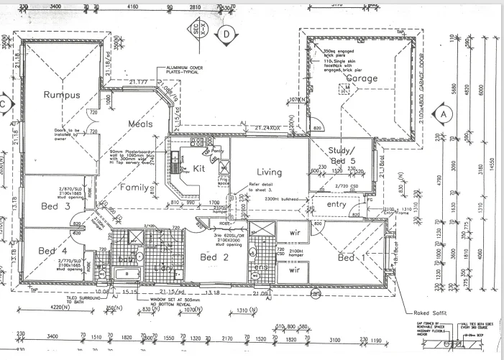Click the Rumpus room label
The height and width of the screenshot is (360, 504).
[x=61, y=95]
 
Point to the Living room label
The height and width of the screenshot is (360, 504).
[x=270, y=172]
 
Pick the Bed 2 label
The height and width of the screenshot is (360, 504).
[x=214, y=257]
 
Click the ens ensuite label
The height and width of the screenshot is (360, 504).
[x=260, y=267]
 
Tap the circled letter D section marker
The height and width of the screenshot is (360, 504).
[x=226, y=34]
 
